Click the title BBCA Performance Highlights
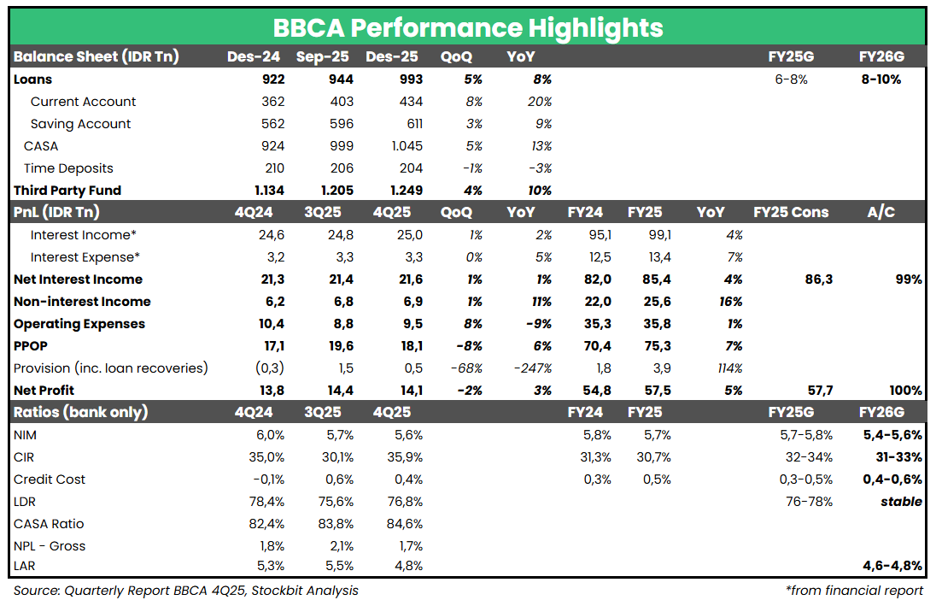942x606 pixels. pos(468,27)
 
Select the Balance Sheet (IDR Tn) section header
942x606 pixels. pos(96,57)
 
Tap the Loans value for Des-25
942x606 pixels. pos(407,79)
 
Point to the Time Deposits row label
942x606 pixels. pos(68,168)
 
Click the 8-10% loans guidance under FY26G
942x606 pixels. pos(881,79)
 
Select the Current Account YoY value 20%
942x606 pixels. pos(540,102)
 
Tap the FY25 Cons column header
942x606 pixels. pos(791,212)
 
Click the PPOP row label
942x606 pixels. pos(32,346)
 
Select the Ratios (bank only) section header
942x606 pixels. pos(80,412)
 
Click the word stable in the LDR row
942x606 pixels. pos(901,502)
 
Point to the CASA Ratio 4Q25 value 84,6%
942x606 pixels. pos(403,524)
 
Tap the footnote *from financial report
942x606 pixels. pos(854,591)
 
